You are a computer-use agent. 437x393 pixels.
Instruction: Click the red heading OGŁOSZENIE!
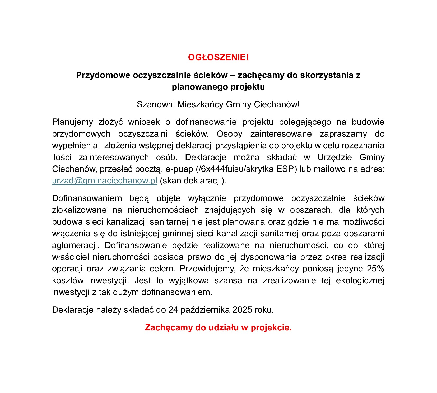coord(218,57)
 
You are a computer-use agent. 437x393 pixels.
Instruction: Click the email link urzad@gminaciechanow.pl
coord(104,181)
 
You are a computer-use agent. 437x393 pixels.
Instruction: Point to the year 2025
coord(242,310)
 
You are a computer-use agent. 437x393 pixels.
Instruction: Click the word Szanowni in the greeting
coord(156,105)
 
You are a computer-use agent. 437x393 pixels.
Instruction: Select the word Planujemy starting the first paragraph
coord(72,122)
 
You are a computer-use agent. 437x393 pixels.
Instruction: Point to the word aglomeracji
coord(75,246)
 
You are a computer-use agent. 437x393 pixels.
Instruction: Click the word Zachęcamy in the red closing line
coord(169,328)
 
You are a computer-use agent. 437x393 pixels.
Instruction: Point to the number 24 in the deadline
coord(173,310)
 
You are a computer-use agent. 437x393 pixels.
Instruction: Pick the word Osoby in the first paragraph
coord(229,134)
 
